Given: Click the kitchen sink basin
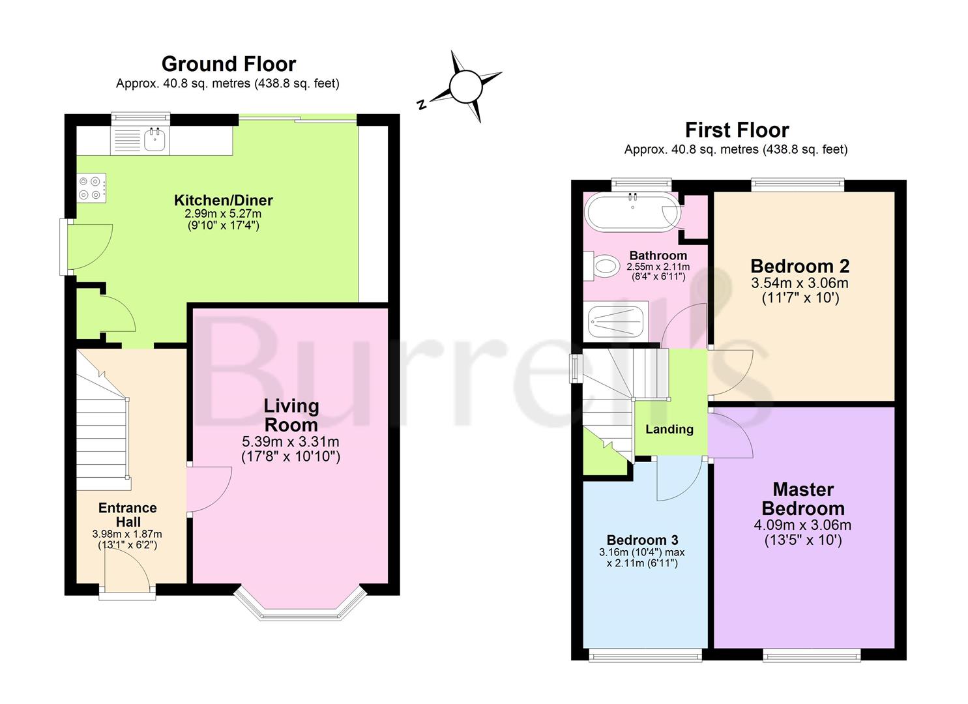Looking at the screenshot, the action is tap(154, 140).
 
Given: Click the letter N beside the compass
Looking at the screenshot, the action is tap(421, 104).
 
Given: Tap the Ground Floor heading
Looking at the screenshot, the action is tap(229, 64).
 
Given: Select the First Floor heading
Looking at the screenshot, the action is tap(737, 130).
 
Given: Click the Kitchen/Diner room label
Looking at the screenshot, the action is tap(224, 200).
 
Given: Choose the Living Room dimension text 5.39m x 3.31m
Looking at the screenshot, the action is tap(291, 442).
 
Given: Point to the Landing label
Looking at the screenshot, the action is tap(669, 429).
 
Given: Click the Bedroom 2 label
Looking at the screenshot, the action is tap(800, 266).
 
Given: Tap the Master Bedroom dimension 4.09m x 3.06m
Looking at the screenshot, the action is tap(802, 525).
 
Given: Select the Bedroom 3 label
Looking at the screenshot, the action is tap(642, 540).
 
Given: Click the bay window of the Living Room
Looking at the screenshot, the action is tap(300, 607).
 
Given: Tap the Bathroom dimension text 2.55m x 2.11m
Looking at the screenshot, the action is tap(658, 267).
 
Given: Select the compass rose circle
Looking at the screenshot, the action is tap(466, 87).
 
